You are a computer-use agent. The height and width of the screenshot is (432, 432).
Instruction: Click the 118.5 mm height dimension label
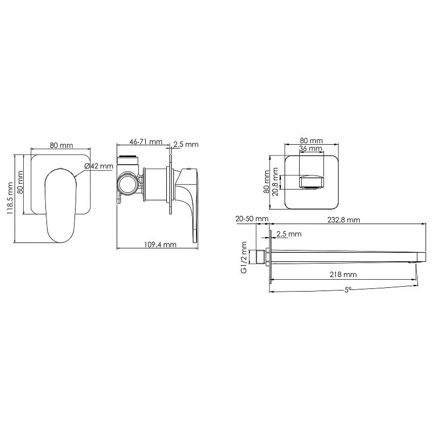pyautogui.click(x=9, y=198)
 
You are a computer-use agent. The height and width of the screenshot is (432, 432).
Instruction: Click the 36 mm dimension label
pyautogui.click(x=310, y=148)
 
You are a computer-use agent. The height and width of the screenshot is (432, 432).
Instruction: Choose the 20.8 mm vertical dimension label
pyautogui.click(x=275, y=181)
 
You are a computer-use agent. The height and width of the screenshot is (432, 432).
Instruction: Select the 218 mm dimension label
pyautogui.click(x=343, y=274)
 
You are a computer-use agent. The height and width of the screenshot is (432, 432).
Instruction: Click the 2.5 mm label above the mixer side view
pyautogui.click(x=186, y=144)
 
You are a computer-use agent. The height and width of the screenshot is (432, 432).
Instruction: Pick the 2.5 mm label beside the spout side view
pyautogui.click(x=288, y=233)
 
